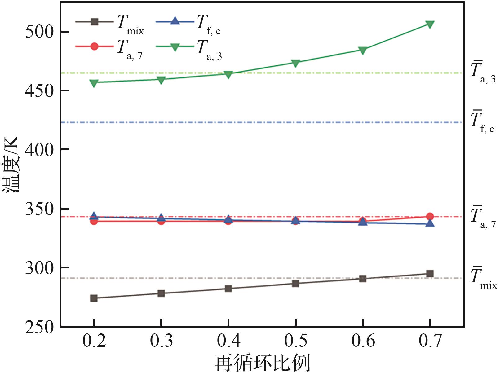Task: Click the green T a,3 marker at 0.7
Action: [x=430, y=24]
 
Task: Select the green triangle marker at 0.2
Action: [x=94, y=83]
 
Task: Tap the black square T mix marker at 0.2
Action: [x=94, y=298]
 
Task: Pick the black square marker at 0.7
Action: [x=430, y=273]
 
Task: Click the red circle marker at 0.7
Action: [x=430, y=216]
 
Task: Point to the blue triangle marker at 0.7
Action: [x=430, y=223]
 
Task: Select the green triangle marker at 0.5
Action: [x=295, y=63]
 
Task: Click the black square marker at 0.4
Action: [x=228, y=289]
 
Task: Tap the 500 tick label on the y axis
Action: [x=39, y=32]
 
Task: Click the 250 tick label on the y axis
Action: [x=39, y=327]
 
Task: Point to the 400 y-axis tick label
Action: [x=39, y=150]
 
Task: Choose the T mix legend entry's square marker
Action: [x=95, y=22]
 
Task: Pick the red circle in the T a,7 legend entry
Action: [x=95, y=46]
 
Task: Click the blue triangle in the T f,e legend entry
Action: [x=175, y=21]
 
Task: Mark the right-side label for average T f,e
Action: [x=482, y=121]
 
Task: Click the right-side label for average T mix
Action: [x=483, y=278]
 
